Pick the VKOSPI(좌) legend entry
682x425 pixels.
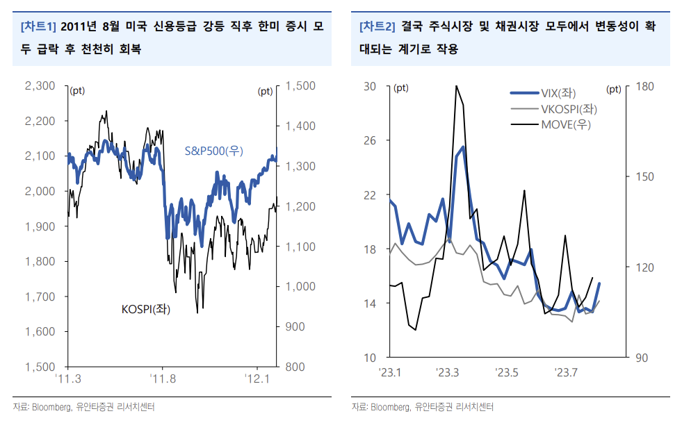[569, 109]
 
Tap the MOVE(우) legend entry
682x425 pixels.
[566, 124]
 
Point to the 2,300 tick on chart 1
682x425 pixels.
[40, 86]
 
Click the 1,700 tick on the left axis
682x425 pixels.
[40, 297]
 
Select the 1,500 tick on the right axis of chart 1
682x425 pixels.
[300, 86]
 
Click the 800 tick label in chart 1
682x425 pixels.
[294, 367]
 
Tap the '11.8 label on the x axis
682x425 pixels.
[162, 378]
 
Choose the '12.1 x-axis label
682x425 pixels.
[257, 378]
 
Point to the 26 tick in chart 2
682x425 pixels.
[369, 140]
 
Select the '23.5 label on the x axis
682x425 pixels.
[507, 373]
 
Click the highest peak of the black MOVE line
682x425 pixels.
[456, 86]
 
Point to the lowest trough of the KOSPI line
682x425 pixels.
[198, 312]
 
